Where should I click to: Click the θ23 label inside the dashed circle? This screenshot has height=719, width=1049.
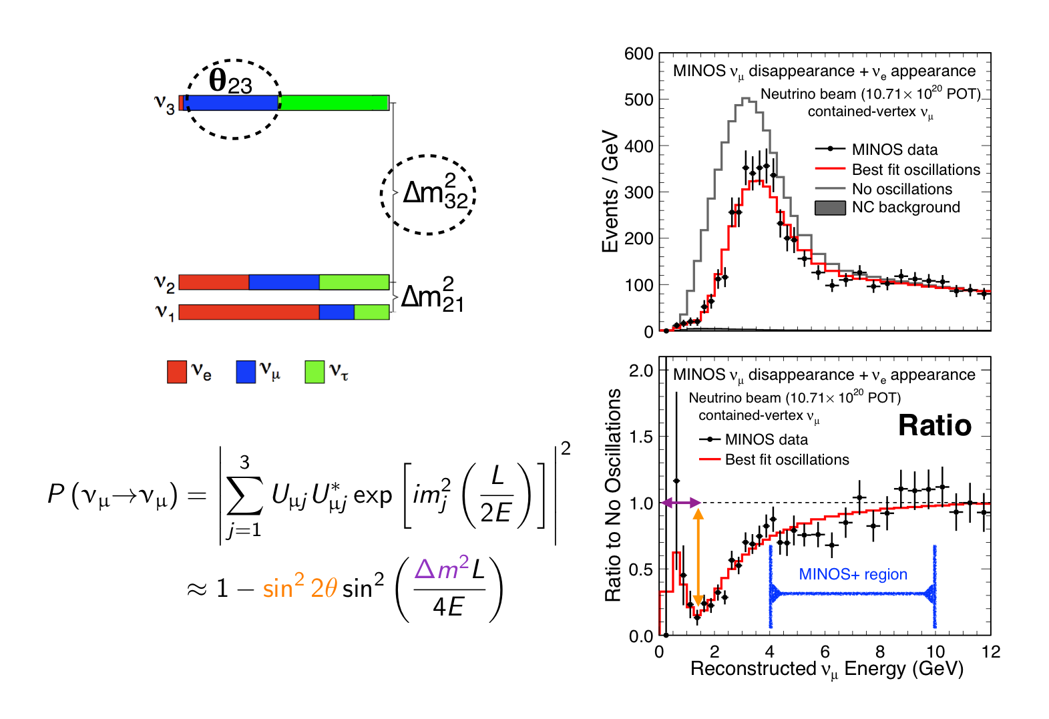pyautogui.click(x=230, y=81)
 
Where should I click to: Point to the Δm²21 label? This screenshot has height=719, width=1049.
pyautogui.click(x=432, y=295)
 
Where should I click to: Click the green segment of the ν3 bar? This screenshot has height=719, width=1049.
pyautogui.click(x=334, y=102)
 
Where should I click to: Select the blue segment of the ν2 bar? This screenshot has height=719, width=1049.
pyautogui.click(x=284, y=282)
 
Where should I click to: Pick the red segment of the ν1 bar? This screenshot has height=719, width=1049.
pyautogui.click(x=248, y=312)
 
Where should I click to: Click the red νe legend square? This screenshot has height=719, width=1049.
pyautogui.click(x=177, y=372)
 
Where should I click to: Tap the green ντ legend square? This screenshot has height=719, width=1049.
pyautogui.click(x=314, y=372)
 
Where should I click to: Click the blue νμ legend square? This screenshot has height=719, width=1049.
pyautogui.click(x=246, y=372)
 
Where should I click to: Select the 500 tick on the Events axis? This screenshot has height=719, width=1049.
pyautogui.click(x=638, y=99)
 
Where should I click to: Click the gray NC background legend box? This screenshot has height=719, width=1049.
pyautogui.click(x=830, y=208)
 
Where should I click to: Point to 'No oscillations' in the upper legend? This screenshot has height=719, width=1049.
pyautogui.click(x=901, y=189)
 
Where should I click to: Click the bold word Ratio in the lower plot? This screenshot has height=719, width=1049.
pyautogui.click(x=934, y=425)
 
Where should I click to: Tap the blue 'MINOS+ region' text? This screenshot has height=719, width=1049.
pyautogui.click(x=853, y=574)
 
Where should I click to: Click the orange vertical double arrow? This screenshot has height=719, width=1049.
pyautogui.click(x=698, y=557)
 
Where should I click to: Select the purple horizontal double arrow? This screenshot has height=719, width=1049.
pyautogui.click(x=680, y=503)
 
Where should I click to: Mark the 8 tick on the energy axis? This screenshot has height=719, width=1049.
pyautogui.click(x=880, y=652)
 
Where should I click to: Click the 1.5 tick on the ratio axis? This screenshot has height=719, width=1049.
pyautogui.click(x=641, y=437)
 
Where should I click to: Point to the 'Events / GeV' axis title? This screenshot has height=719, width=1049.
pyautogui.click(x=610, y=191)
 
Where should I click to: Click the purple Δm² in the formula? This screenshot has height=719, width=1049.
pyautogui.click(x=441, y=569)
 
